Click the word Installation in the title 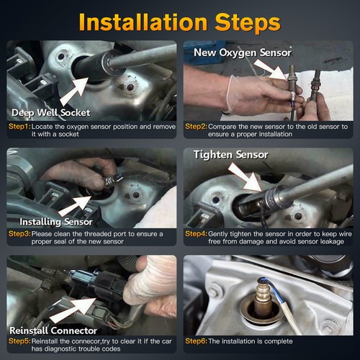point(143,22)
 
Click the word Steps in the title point(248,24)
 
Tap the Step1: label point(19,127)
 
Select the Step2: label point(196,127)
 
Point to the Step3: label point(19,234)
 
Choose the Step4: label point(196,234)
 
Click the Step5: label point(19,341)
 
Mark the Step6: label point(196,341)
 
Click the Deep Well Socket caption point(51,113)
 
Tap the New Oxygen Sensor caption point(243,53)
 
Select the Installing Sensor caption point(56,222)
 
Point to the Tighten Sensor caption point(231,155)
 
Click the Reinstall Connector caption point(53,330)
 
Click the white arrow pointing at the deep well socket point(75,91)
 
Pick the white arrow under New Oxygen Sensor point(271,69)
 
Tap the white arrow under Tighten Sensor point(246,177)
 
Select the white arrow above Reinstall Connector point(73,310)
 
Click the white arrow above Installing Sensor point(75,206)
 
